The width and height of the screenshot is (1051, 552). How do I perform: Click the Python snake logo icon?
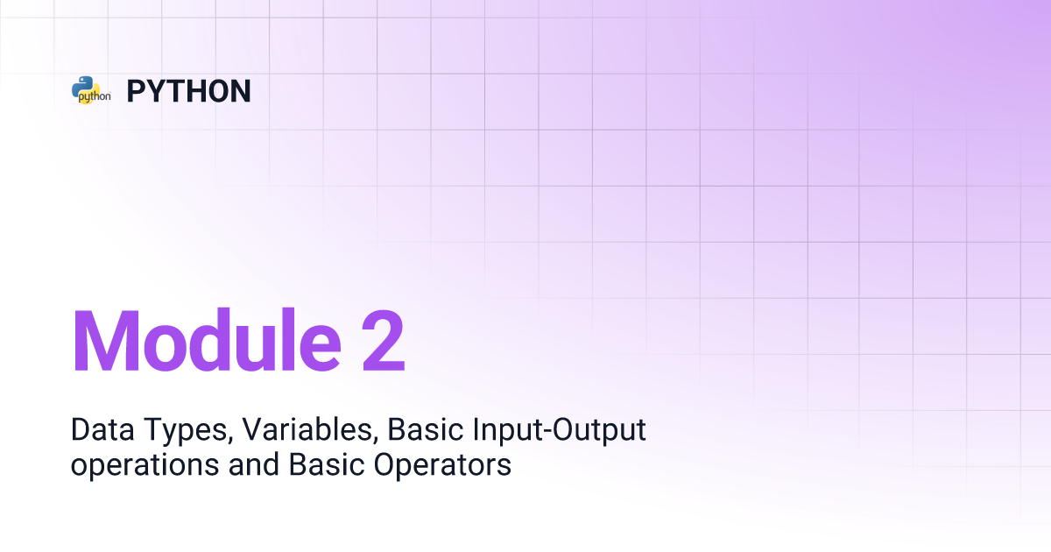coord(90,90)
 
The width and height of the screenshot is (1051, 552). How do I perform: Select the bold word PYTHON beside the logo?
coord(188,91)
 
